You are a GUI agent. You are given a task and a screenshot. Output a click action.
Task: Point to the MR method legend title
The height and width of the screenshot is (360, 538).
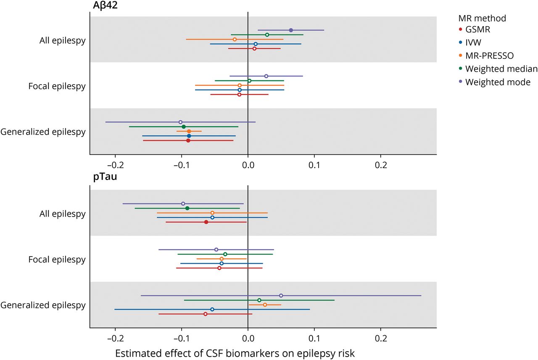pos(482,18)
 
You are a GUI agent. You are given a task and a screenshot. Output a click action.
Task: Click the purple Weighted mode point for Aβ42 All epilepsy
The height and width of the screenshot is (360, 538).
pos(291,30)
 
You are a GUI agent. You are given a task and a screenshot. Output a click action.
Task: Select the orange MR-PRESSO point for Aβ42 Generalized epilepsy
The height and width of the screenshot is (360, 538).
pos(189,131)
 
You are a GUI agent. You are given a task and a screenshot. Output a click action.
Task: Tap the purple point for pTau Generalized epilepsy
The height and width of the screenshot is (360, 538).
pos(281,296)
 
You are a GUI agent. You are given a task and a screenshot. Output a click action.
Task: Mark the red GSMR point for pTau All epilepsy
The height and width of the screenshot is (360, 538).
pos(206,222)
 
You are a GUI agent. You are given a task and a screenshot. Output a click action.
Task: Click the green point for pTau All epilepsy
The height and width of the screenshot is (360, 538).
pos(187,208)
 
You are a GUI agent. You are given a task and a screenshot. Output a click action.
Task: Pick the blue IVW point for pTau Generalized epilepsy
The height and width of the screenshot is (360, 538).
pos(212,310)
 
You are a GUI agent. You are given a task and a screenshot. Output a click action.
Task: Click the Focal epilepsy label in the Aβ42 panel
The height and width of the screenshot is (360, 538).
pos(57,87)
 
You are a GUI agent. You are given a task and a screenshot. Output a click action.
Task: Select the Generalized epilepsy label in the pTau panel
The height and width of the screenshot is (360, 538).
pos(43,305)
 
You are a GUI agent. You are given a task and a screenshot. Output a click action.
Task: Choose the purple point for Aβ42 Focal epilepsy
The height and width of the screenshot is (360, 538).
pos(266,76)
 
